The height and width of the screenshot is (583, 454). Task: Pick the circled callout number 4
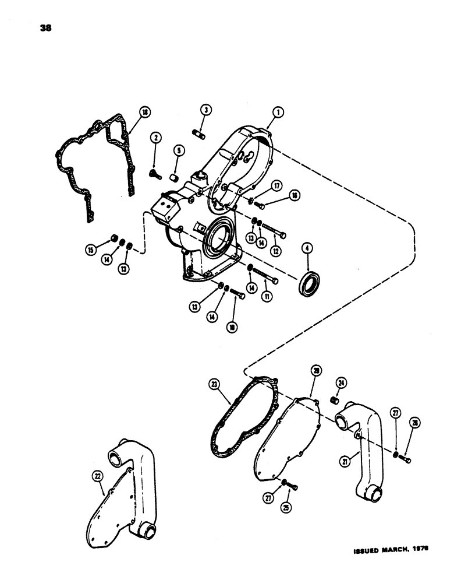click(x=306, y=250)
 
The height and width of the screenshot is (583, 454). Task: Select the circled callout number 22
click(x=96, y=476)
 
